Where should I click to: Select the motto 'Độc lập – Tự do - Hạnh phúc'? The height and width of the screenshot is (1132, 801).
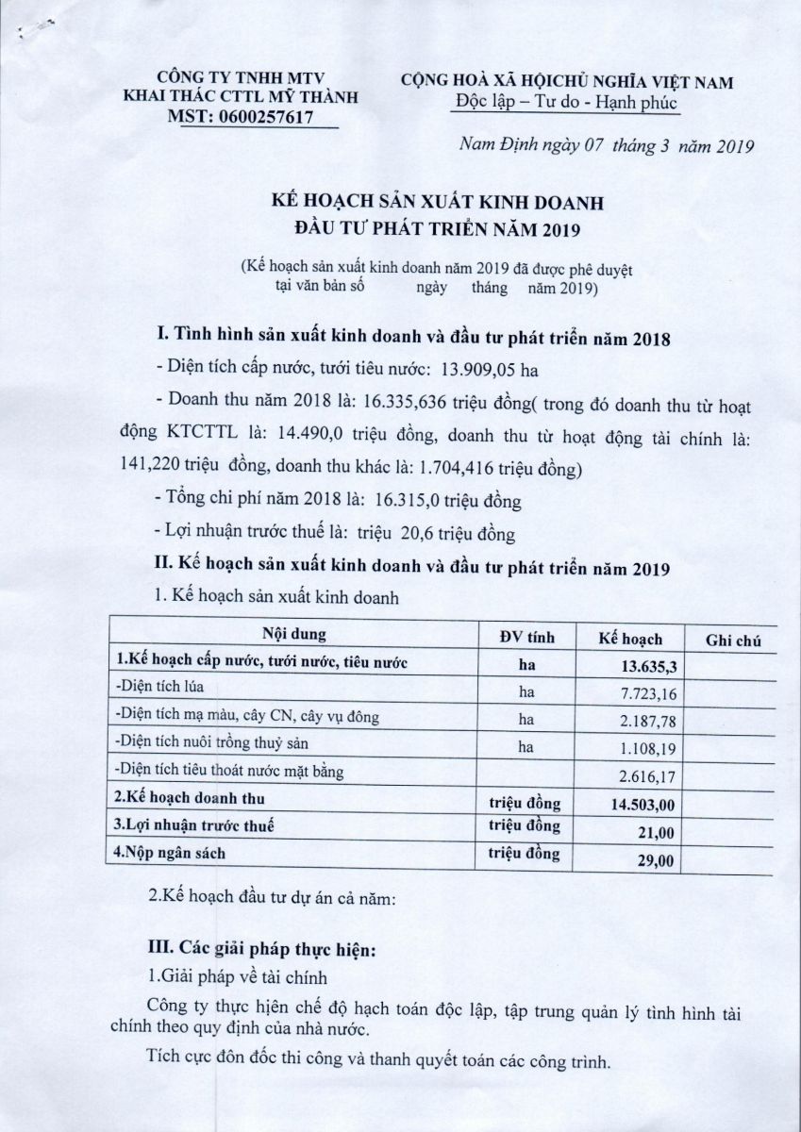(x=564, y=103)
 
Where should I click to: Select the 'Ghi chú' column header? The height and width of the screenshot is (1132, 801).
(x=733, y=641)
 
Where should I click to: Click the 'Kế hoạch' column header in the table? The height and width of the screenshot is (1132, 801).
(x=630, y=640)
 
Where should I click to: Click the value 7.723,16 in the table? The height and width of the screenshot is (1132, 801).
(x=645, y=694)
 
